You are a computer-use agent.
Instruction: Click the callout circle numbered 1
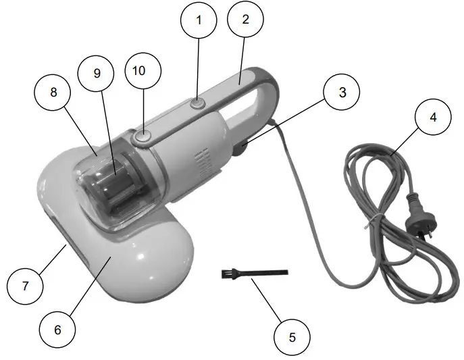(x=198, y=20)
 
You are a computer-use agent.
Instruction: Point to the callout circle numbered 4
(x=433, y=117)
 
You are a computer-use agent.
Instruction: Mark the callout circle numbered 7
(x=24, y=286)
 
